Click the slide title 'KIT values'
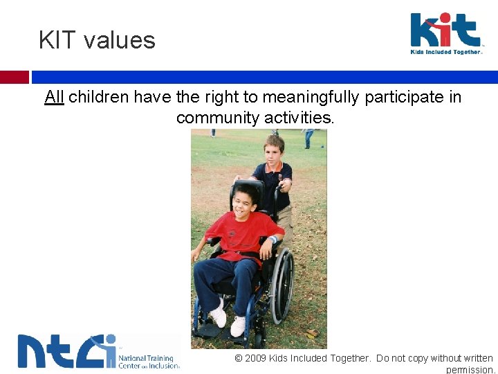point(97,40)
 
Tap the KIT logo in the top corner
point(445,30)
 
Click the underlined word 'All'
point(54,97)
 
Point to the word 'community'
point(219,118)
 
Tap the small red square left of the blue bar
point(14,77)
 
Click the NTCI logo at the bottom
point(66,351)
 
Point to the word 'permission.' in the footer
point(470,370)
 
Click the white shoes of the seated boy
point(228,320)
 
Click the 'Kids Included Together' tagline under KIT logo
point(445,52)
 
